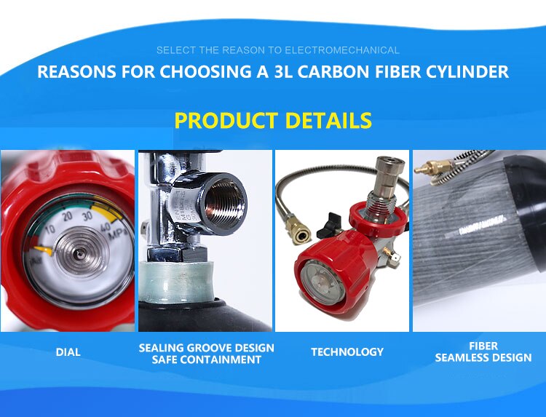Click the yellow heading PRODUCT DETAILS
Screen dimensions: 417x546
(x=273, y=120)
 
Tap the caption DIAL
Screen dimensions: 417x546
(x=68, y=352)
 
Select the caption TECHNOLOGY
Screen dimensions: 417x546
(x=347, y=352)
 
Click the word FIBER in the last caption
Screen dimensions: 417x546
(x=483, y=346)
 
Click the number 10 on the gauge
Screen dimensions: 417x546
(x=50, y=229)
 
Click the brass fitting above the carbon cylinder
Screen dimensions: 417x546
(x=436, y=170)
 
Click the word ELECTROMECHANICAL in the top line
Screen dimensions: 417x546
(x=342, y=50)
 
